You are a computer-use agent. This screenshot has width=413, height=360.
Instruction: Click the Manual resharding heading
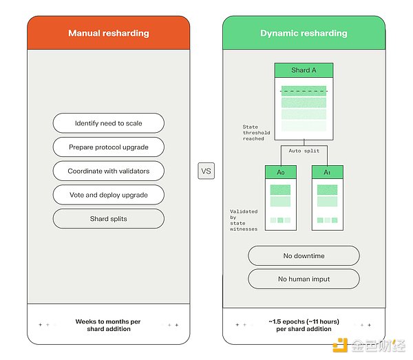tap(109, 33)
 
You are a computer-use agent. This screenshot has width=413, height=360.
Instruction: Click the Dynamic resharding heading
tap(304, 33)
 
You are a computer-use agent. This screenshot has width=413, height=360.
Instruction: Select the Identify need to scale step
tap(109, 123)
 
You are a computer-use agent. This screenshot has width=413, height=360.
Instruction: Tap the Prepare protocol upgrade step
tap(109, 147)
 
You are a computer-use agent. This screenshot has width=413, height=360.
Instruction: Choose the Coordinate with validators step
tap(109, 171)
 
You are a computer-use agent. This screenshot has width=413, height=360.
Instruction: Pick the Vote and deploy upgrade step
tap(109, 195)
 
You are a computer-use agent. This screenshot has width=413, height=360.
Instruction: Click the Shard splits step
tap(109, 219)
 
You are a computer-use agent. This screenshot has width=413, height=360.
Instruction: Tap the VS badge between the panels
tap(206, 171)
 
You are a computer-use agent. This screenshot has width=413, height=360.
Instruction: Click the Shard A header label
tap(304, 70)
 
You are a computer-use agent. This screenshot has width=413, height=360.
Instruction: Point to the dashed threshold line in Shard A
tap(304, 91)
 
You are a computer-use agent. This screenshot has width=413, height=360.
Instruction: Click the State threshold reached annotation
tap(256, 133)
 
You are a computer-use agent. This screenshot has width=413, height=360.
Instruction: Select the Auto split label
tap(304, 151)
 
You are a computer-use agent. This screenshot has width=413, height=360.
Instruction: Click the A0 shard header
tap(281, 172)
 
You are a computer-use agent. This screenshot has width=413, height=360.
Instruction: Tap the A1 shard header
tap(328, 172)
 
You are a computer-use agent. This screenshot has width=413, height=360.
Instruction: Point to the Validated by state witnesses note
tap(244, 220)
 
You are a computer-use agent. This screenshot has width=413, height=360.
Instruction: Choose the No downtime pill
tap(304, 255)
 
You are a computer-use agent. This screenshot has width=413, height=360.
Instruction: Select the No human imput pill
tap(304, 279)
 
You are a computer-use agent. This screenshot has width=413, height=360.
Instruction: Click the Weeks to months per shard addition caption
tap(108, 325)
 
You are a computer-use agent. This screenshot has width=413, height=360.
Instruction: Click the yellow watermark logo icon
tap(340, 346)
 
